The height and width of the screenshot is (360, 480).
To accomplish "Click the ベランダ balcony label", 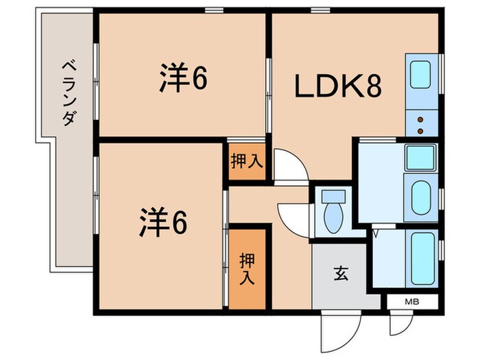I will pos(68,93).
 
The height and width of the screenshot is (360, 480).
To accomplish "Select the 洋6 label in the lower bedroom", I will pos(163,221).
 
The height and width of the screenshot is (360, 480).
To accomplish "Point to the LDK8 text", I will pos(338,86).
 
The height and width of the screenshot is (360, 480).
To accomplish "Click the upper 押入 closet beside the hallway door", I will pos(245,163).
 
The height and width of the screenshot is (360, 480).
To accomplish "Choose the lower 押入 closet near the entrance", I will pos(247,269).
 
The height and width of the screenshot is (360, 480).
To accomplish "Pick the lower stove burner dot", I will pos(420,129).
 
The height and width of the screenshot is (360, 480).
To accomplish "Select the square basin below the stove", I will pos(420,158).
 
